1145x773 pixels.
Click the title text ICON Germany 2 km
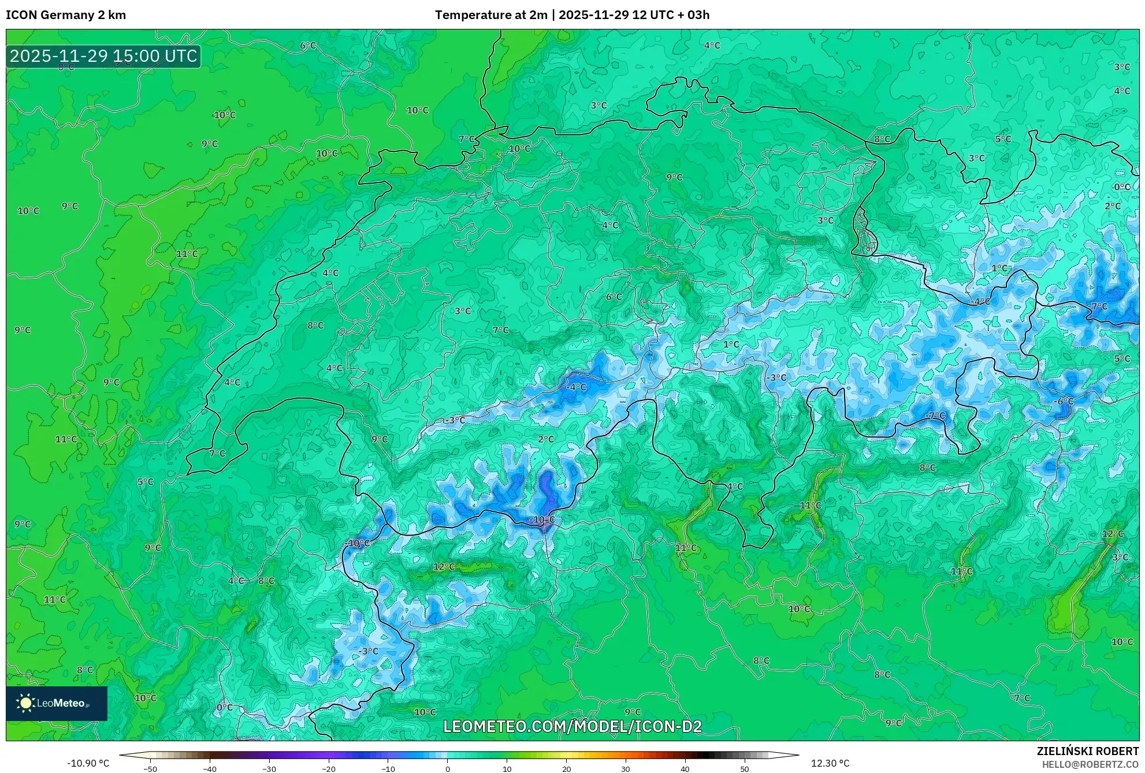(66, 15)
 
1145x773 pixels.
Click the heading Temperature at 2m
(490, 15)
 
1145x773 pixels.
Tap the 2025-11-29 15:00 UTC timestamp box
(103, 56)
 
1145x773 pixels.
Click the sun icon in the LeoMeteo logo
(25, 703)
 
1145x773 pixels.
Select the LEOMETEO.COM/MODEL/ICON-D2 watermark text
(572, 726)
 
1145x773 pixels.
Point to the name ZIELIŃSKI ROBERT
(1088, 751)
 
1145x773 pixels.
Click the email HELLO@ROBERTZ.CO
(1090, 764)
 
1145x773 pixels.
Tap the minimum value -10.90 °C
(88, 763)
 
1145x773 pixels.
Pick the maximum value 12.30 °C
(830, 763)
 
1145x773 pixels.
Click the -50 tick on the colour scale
(150, 768)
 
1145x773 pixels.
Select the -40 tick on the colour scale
(210, 768)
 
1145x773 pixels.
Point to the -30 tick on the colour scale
(269, 768)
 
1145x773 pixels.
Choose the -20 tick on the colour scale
(329, 768)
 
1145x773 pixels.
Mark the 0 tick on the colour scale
(448, 768)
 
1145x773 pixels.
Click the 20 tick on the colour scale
(566, 768)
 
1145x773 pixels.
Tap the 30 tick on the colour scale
(626, 768)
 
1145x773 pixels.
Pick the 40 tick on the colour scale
(685, 768)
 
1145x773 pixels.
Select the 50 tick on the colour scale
(745, 768)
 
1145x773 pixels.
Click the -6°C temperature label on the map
(1064, 402)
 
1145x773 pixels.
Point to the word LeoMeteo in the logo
(61, 704)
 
